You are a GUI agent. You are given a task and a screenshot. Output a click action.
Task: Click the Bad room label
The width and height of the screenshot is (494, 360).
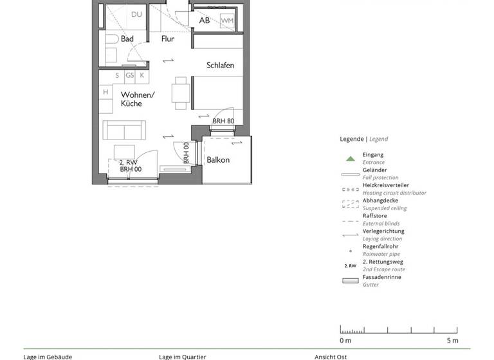pos(127,39)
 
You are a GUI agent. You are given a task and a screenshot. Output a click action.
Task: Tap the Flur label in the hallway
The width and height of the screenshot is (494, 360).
pos(167,39)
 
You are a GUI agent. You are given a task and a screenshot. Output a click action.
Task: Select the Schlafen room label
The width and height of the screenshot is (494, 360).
pos(220,66)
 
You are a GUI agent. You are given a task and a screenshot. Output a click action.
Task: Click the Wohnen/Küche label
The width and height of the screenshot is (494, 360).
pos(138,99)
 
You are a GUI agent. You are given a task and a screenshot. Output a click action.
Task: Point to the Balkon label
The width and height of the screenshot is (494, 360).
pos(218,160)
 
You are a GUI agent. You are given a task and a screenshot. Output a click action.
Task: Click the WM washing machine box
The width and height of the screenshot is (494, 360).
pos(227,21)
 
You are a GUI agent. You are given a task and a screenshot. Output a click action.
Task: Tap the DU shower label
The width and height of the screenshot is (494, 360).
pos(136,14)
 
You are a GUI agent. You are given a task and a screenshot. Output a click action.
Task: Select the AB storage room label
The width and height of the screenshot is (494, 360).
pos(204,21)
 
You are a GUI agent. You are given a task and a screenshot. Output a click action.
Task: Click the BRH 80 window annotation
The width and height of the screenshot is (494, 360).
pos(223,121)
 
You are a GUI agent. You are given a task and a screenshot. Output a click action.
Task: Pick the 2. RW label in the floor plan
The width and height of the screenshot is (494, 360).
pos(129,163)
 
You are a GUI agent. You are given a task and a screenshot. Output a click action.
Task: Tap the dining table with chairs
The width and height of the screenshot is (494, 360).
pos(181,93)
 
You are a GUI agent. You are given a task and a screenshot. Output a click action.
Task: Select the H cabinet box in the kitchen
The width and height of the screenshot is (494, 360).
pos(105,93)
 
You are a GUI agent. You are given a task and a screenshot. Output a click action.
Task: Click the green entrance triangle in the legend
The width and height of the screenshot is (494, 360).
pos(350,157)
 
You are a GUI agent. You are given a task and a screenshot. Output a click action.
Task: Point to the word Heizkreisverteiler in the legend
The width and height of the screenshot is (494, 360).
pos(385,185)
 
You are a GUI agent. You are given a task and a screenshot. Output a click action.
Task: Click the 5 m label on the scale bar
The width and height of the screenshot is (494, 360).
pos(453,340)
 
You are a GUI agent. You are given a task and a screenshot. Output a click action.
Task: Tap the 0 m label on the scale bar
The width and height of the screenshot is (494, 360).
pos(345,340)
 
